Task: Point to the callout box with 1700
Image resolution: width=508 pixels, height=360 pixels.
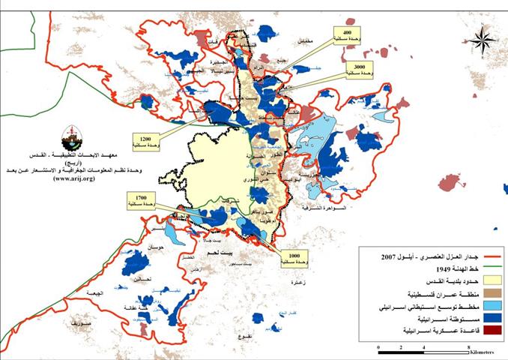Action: [x=142, y=199]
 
